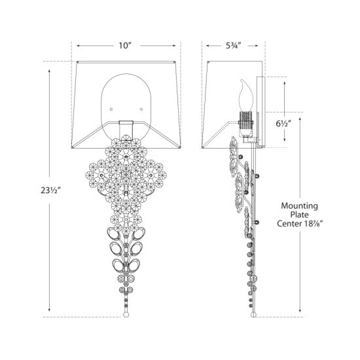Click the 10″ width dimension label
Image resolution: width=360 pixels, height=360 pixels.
(124, 46)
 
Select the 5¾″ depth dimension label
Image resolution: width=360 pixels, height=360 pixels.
(233, 46)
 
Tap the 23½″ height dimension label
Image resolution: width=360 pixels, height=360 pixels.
(50, 190)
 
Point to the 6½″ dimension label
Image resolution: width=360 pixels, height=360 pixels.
(283, 124)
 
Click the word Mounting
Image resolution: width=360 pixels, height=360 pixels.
(300, 206)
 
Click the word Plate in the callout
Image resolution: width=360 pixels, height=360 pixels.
(299, 215)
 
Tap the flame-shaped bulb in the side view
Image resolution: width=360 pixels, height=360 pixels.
(246, 96)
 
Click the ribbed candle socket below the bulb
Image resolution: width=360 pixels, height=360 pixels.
(246, 120)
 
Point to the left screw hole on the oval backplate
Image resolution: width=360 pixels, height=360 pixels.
(111, 109)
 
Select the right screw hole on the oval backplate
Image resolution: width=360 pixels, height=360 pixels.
(141, 109)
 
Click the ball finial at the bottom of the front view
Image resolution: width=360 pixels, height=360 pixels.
(126, 315)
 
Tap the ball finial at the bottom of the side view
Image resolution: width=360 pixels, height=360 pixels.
(253, 315)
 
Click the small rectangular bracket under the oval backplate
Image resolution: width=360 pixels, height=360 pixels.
(126, 130)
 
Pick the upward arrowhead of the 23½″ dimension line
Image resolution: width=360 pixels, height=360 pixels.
(49, 71)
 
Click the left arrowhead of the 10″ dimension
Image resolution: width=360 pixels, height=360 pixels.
(79, 46)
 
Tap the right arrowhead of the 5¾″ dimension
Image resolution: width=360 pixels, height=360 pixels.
(256, 46)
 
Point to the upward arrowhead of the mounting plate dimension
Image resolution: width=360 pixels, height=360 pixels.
(300, 119)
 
